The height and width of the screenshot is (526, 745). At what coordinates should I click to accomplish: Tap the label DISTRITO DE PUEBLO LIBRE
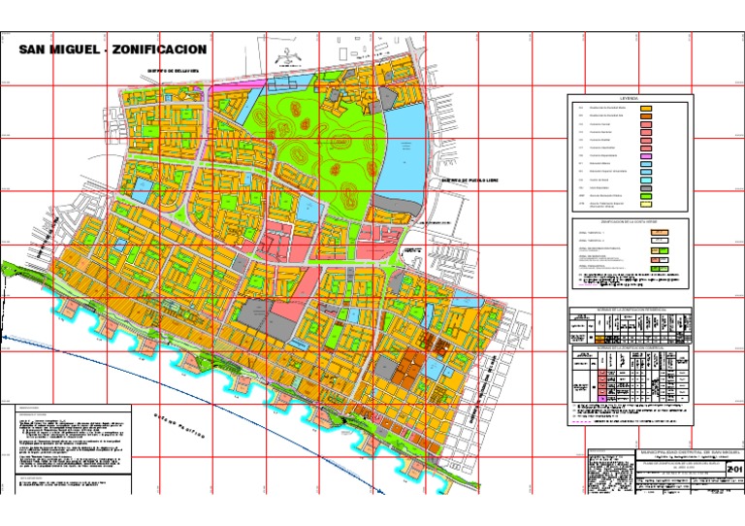pos(469,180)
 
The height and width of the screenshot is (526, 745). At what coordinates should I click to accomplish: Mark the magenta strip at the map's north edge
pos(228,86)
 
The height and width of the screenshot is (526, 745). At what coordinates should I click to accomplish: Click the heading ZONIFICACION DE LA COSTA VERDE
pos(631,222)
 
